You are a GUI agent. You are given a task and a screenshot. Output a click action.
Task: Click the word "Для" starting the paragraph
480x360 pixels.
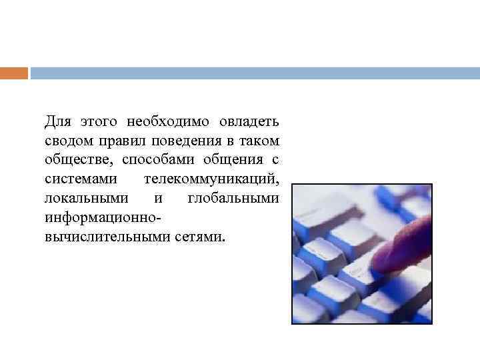pyautogui.click(x=57, y=122)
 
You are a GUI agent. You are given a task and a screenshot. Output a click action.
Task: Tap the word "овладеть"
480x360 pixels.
pyautogui.click(x=250, y=122)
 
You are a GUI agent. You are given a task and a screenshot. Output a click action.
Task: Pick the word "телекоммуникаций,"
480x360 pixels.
pyautogui.click(x=211, y=180)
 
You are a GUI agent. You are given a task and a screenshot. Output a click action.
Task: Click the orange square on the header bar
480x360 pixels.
pyautogui.click(x=14, y=73)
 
